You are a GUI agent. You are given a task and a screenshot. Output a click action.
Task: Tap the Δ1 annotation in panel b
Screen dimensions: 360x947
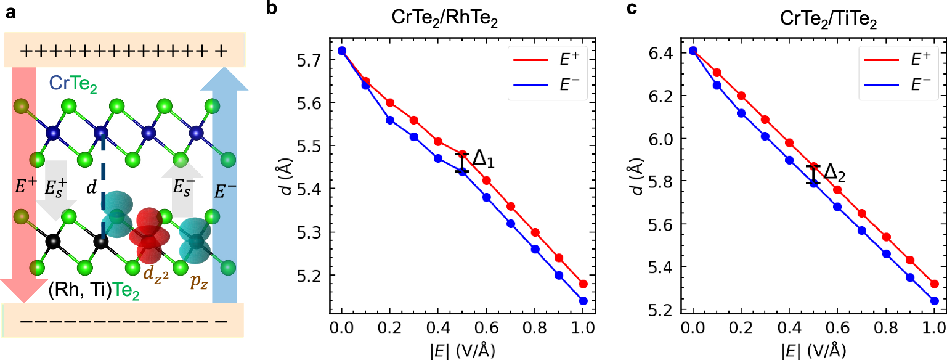(x=484, y=162)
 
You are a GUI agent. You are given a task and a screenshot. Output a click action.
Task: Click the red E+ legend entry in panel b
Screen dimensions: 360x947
(x=547, y=58)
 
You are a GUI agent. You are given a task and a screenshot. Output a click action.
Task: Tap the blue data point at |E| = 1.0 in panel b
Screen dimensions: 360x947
(x=583, y=301)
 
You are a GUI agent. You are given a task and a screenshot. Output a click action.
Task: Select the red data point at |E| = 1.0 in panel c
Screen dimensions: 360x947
(x=934, y=284)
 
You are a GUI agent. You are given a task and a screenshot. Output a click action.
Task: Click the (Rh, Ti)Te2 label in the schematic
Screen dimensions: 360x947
(x=94, y=290)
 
